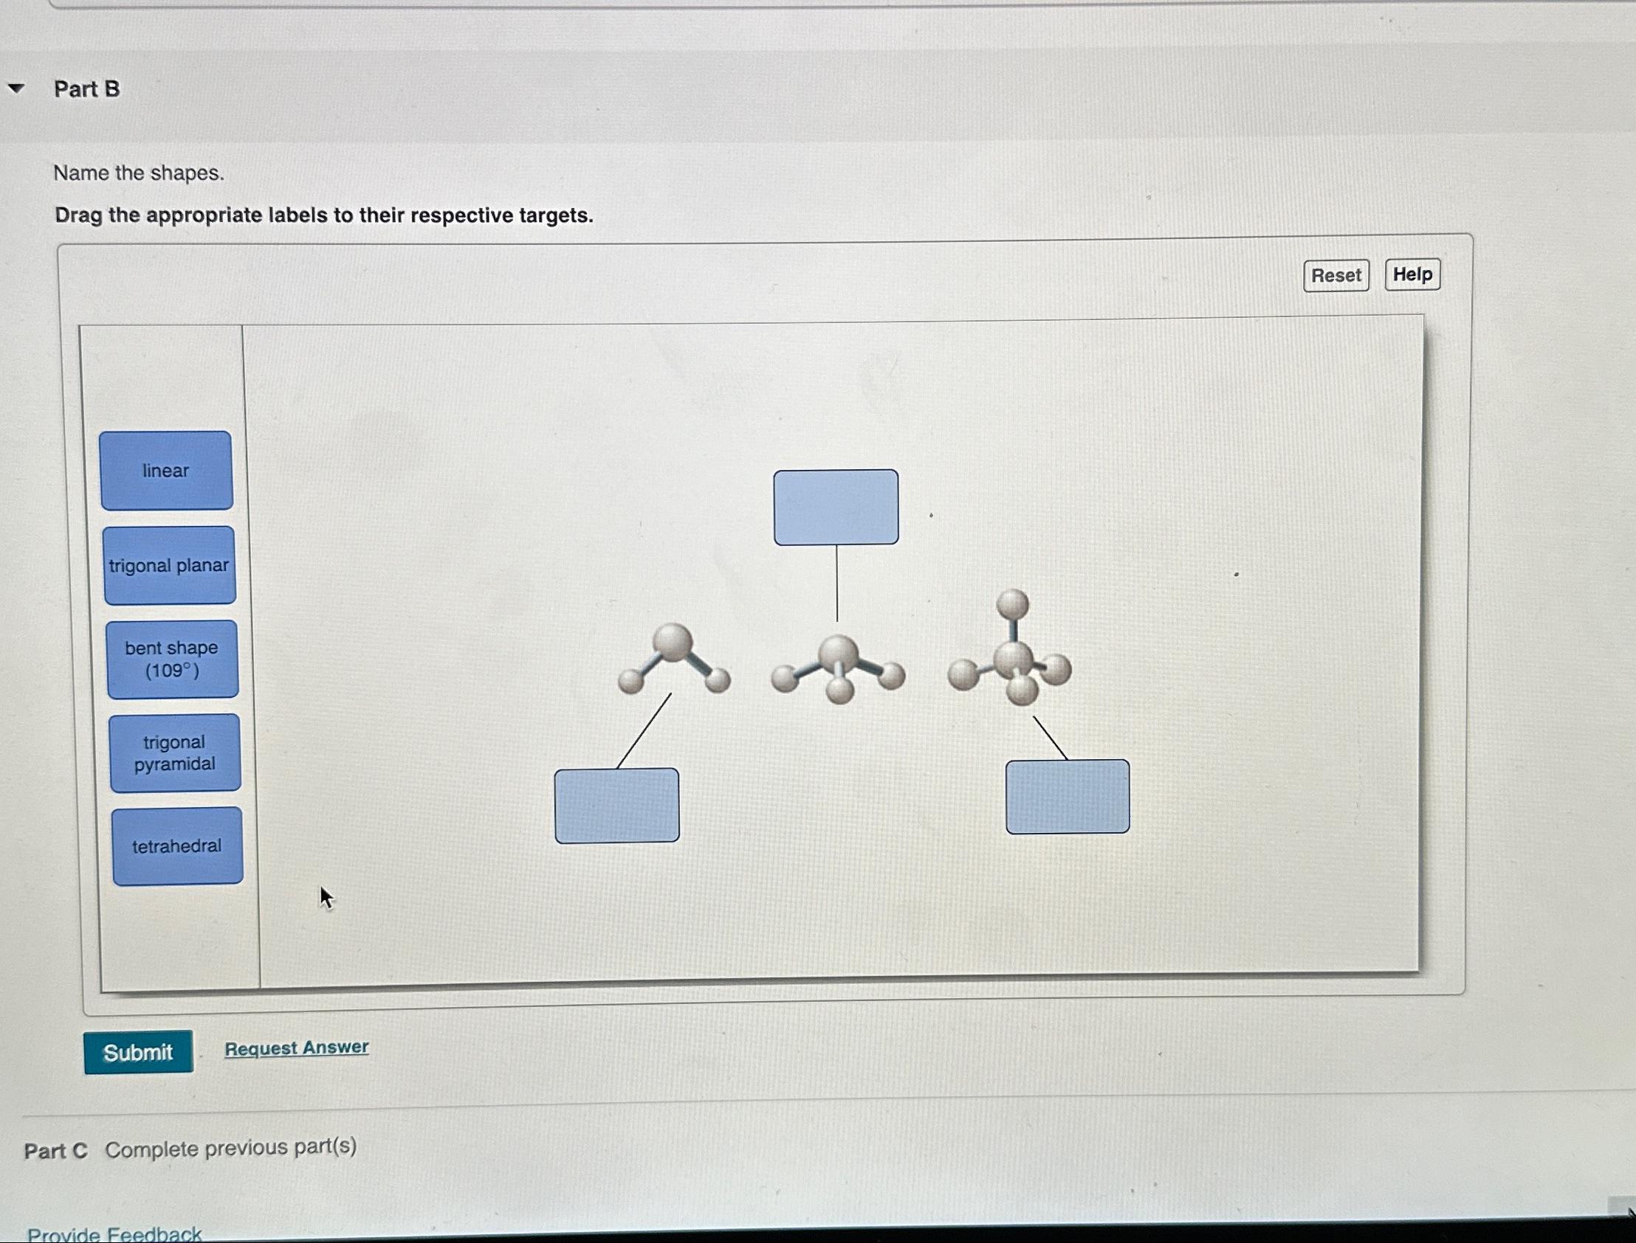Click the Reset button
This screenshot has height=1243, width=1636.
[x=1336, y=275]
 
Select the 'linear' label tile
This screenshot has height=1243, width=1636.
[x=166, y=471]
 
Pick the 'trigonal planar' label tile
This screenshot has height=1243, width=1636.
[x=169, y=565]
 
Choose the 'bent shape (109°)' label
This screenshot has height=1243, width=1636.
[x=172, y=659]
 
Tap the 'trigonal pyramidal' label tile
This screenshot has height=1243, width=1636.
[x=175, y=753]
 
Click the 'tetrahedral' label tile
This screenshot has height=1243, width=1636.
[x=177, y=846]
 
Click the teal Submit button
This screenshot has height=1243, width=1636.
[x=138, y=1051]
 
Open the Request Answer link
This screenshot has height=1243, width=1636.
[x=296, y=1048]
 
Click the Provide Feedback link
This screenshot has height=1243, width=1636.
[x=114, y=1233]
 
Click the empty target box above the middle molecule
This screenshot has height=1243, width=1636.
[x=836, y=508]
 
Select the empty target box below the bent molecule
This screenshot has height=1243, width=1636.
[x=616, y=806]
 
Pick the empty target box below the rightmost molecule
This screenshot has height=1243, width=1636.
[x=1068, y=797]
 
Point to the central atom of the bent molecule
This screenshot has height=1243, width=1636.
[x=673, y=643]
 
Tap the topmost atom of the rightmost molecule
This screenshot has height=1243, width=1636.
[x=1013, y=603]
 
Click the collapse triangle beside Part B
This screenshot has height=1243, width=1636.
[x=16, y=89]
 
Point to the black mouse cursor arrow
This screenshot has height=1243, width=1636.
[x=326, y=898]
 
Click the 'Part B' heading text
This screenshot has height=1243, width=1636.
[x=86, y=89]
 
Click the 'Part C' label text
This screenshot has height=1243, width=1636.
[x=55, y=1152]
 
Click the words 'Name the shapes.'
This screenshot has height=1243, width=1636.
[x=139, y=173]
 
